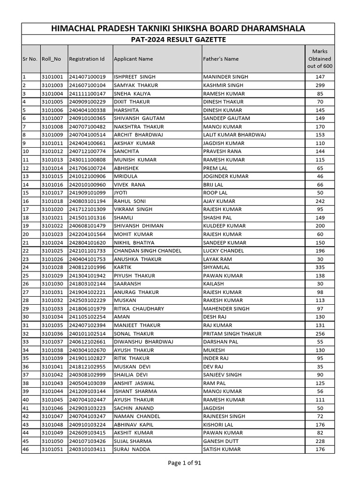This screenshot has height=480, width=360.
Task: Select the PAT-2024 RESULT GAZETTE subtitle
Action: coord(178,40)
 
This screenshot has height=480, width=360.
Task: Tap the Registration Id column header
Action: coord(87,59)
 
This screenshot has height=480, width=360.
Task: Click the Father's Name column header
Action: coord(220,59)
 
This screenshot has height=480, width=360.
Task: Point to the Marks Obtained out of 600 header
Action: coord(320,59)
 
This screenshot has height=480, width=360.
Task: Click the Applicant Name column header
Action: coord(134,59)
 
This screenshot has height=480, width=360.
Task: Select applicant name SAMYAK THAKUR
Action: coord(136,85)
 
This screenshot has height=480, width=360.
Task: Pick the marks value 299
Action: coord(320,85)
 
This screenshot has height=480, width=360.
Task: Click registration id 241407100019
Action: coord(87,77)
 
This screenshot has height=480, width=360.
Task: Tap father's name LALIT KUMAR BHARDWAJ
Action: coord(234,135)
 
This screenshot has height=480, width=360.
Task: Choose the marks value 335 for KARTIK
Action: coord(320,267)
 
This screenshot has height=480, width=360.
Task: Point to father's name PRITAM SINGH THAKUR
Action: coord(232,334)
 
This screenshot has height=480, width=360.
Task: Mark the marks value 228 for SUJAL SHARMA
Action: coord(320,441)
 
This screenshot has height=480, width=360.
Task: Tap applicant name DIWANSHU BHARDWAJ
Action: coord(143,342)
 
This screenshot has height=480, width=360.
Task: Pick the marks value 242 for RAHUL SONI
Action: coord(320,201)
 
